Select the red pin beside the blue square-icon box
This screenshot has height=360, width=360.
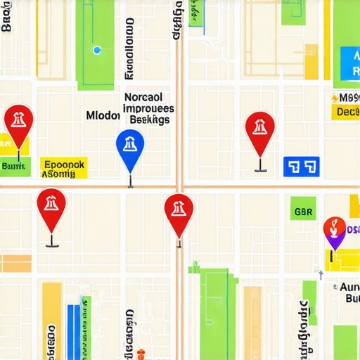click(260, 129)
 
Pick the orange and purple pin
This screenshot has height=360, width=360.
click(334, 230)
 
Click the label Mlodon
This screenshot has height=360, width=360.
click(103, 115)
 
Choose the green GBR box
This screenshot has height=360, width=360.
click(304, 210)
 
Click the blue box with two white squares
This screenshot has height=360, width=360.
click(301, 167)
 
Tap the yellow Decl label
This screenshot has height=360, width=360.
click(347, 112)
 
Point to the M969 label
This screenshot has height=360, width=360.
click(348, 98)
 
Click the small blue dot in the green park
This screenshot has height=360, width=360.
click(96, 50)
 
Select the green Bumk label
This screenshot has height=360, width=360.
click(15, 167)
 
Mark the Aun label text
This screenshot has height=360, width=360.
click(349, 288)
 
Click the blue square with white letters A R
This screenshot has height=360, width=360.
click(349, 63)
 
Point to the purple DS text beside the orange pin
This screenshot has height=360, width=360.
click(352, 230)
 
